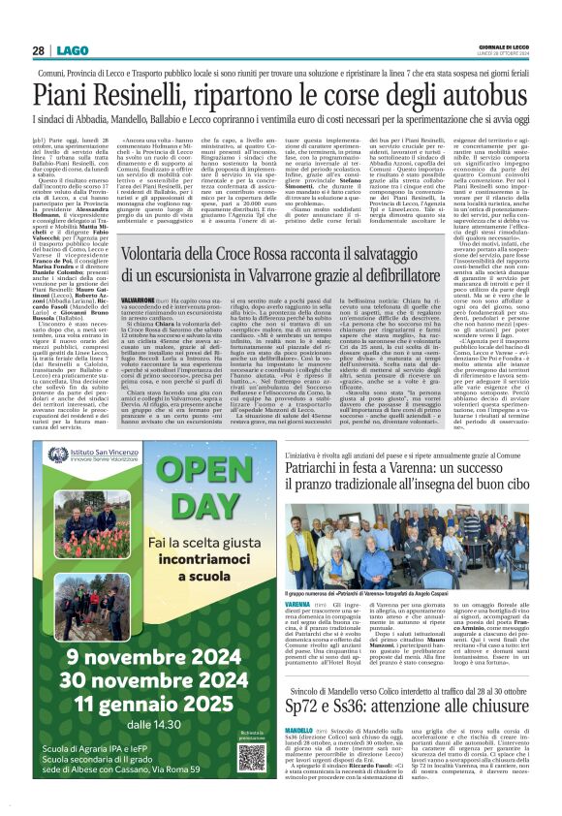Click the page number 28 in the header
click(x=40, y=50)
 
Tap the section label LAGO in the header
click(x=72, y=50)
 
